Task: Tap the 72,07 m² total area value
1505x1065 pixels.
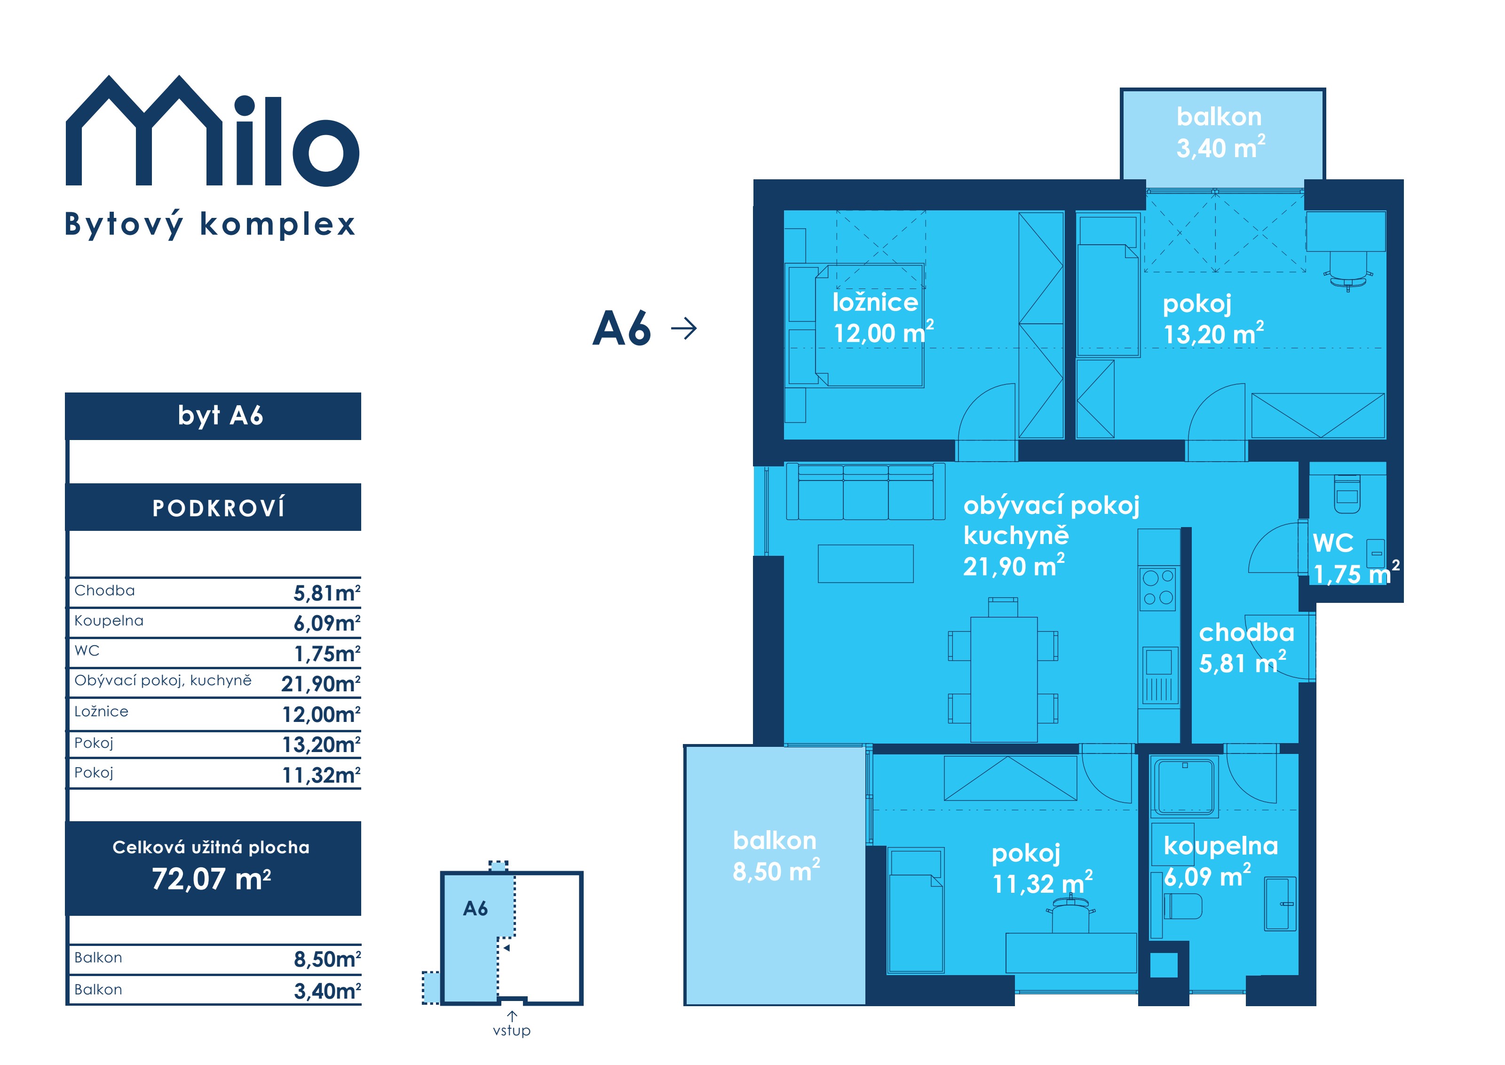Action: click(x=211, y=879)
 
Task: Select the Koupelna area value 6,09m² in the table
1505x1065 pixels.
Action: click(x=326, y=623)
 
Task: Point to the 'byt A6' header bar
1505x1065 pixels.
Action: click(x=213, y=416)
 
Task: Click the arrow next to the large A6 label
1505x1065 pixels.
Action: click(x=684, y=328)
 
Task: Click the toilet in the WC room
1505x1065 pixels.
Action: click(x=1347, y=493)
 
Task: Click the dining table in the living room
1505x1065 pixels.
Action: click(x=1004, y=678)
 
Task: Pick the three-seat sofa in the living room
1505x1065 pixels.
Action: click(x=865, y=491)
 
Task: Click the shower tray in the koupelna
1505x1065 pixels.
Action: click(x=1185, y=787)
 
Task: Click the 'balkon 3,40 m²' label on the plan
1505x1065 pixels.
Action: click(x=1220, y=132)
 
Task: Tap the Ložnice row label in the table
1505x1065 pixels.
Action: click(x=101, y=712)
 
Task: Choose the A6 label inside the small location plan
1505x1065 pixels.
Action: click(x=475, y=909)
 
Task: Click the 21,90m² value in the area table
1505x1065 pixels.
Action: click(x=321, y=684)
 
